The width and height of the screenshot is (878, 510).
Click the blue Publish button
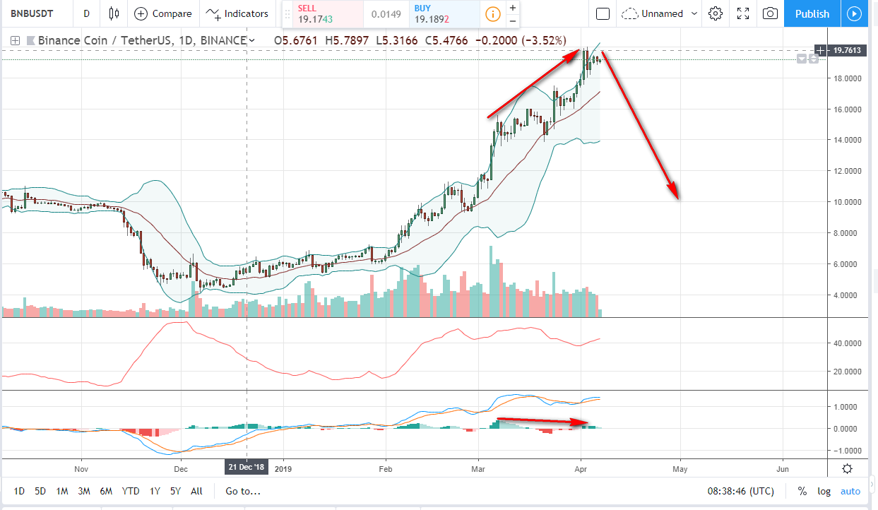click(812, 13)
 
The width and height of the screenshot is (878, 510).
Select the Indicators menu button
click(239, 13)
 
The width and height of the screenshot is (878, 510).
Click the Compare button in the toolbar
click(163, 13)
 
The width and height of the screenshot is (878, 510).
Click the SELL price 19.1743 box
click(322, 14)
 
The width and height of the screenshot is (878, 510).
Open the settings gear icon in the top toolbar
click(716, 13)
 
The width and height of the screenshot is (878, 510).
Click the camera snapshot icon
click(770, 13)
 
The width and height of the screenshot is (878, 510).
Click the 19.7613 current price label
click(846, 50)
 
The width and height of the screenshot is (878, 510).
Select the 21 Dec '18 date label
click(246, 468)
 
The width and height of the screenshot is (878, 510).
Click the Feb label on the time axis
click(386, 468)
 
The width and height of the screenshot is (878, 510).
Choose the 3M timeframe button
click(83, 491)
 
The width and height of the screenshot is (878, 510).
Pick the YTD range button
click(130, 491)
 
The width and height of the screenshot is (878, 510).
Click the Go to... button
click(243, 491)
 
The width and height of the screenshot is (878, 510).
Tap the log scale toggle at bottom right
click(824, 491)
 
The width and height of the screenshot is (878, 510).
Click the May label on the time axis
click(680, 468)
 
